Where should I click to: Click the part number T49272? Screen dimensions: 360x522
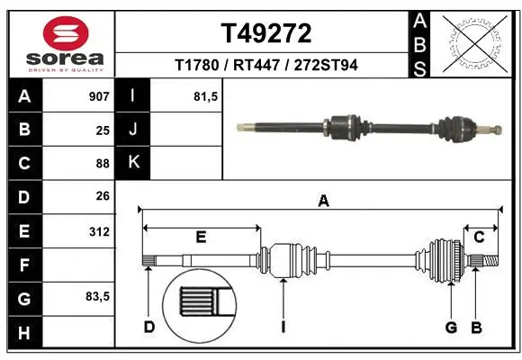[266, 33]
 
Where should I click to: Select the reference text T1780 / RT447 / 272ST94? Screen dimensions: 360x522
[266, 65]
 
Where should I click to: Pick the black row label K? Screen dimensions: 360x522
[132, 163]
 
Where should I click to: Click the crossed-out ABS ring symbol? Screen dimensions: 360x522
[475, 41]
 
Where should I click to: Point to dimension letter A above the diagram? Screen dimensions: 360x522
[322, 202]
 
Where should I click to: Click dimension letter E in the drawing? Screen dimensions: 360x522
[201, 237]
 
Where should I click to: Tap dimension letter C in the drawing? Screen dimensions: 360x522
[480, 237]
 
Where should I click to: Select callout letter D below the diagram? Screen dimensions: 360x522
[149, 327]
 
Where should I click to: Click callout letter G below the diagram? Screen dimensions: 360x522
[451, 327]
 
